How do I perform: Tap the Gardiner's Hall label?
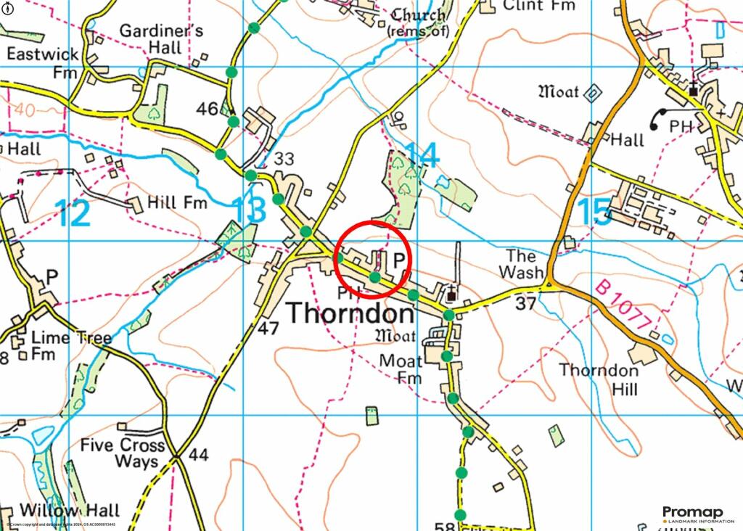(161, 40)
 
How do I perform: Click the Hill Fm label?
(177, 202)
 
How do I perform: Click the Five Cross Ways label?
(123, 453)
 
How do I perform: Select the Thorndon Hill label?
(599, 379)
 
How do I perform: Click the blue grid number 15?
(594, 212)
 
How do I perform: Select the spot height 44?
(198, 456)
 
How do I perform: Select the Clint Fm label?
(538, 6)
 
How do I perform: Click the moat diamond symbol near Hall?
(593, 94)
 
